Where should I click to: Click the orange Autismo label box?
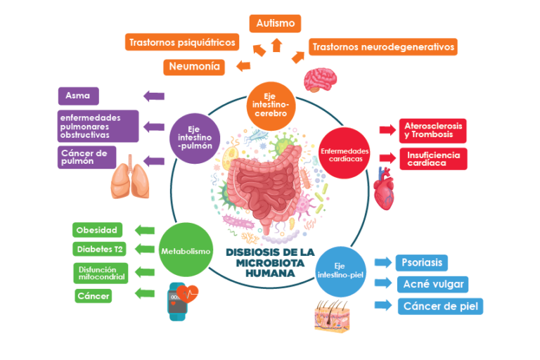click(x=276, y=23)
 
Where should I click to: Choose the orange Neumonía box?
click(x=193, y=67)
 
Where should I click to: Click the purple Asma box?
click(x=78, y=96)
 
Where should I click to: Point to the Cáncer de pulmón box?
click(x=86, y=157)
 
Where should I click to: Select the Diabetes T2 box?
click(x=100, y=249)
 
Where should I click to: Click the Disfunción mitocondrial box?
click(x=101, y=273)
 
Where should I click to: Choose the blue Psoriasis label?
click(x=421, y=263)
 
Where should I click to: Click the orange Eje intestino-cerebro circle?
click(x=271, y=105)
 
